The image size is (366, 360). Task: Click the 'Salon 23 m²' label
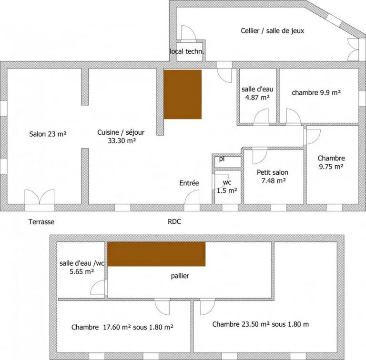point(48,134)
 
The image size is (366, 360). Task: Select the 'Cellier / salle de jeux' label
point(272,30)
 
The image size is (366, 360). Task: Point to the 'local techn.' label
point(187,51)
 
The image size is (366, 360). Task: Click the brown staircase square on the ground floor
point(183,94)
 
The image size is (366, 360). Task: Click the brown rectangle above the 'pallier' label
point(156,254)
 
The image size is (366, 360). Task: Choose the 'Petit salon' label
point(272,172)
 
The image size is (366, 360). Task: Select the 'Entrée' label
point(189,183)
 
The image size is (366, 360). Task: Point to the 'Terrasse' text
point(41,222)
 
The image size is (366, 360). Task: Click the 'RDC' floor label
point(174,222)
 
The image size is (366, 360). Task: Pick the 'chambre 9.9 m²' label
point(316,93)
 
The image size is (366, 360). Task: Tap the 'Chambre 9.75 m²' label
point(331,162)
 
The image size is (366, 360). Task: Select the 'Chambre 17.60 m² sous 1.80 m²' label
point(122,327)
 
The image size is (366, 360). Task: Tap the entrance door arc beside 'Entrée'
point(192,197)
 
